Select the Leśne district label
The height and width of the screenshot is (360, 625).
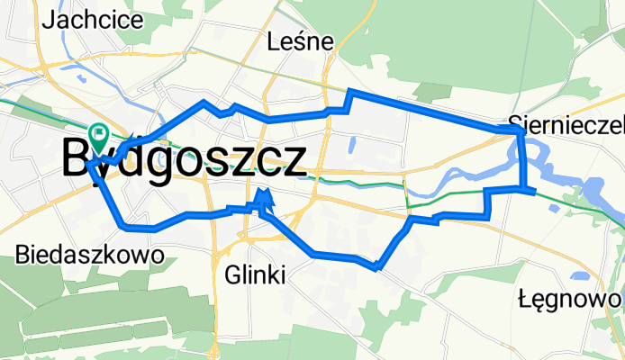tap(301, 41)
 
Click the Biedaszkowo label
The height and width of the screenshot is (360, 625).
tap(90, 256)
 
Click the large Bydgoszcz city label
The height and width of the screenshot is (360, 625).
tap(185, 161)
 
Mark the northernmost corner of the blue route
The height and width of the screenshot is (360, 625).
tap(351, 93)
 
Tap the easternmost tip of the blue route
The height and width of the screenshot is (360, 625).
tap(535, 190)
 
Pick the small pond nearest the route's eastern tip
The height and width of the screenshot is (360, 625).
tap(552, 209)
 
